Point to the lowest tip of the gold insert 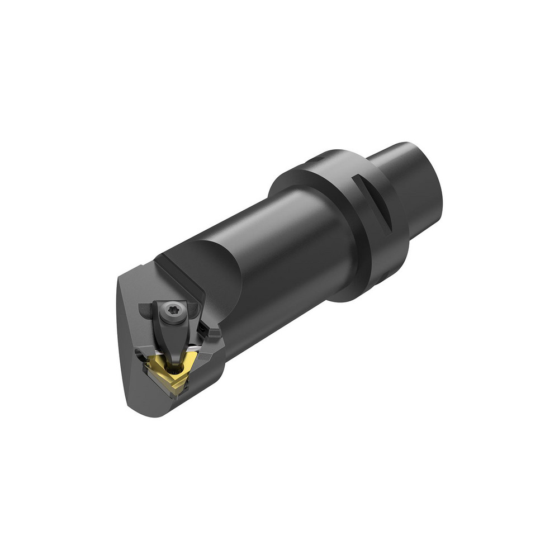tap(178, 393)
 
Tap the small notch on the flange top tap(316, 160)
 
